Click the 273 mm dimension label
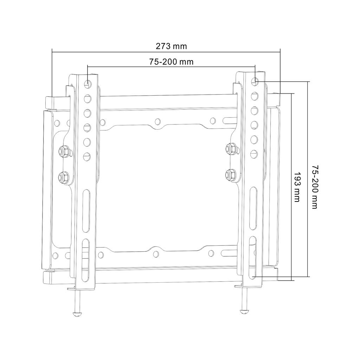click(x=172, y=46)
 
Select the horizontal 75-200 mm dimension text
click(x=172, y=62)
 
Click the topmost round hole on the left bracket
click(x=87, y=84)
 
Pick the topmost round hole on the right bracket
click(x=255, y=81)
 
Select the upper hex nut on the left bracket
click(x=64, y=152)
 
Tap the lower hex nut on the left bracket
click(x=64, y=176)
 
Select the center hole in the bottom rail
click(x=156, y=253)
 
